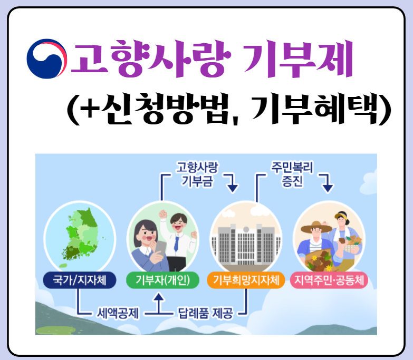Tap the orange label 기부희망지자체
coord(246,280)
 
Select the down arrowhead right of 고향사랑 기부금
coord(232,186)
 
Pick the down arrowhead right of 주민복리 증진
coord(328,186)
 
